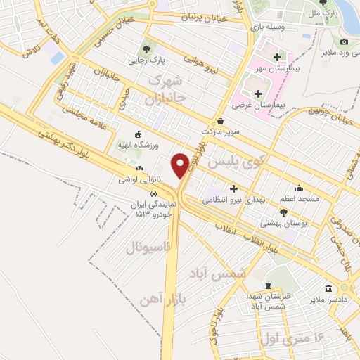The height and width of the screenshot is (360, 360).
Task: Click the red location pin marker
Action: [180, 165]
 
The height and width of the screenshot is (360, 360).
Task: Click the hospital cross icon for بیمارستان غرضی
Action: [258, 94]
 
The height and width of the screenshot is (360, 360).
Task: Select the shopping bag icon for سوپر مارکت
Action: [220, 121]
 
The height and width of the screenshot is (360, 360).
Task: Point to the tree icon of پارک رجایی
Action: [146, 49]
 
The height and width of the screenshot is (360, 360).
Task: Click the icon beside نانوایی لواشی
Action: [139, 169]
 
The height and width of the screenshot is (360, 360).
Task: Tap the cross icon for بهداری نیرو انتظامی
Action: [233, 188]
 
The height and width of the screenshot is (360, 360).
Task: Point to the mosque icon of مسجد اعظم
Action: [300, 188]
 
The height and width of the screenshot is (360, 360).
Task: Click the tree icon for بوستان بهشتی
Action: [283, 212]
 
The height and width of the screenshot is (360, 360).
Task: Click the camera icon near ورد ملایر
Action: [345, 42]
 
